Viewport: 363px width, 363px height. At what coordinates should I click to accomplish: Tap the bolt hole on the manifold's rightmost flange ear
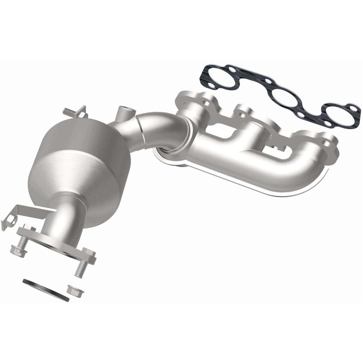pos(328,144)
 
